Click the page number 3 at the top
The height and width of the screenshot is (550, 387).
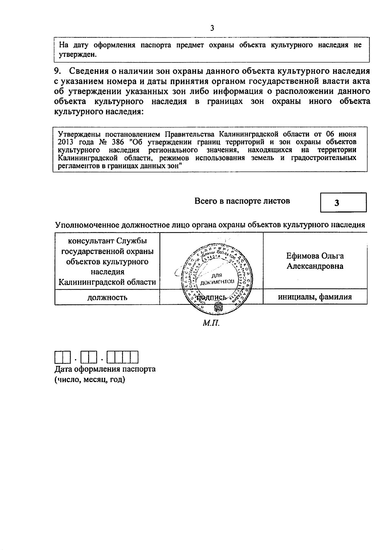[212, 28]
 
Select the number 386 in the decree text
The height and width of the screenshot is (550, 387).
[117, 142]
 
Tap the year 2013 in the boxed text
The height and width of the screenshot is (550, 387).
[65, 142]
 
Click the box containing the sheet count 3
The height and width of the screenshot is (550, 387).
[343, 202]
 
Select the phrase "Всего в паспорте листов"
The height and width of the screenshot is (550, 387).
[242, 201]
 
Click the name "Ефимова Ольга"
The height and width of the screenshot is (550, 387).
[315, 256]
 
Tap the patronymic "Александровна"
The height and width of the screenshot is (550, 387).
[315, 266]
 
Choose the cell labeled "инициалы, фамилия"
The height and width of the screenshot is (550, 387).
[315, 297]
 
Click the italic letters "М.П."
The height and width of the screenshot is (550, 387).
[211, 323]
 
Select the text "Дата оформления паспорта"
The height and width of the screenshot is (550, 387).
[105, 369]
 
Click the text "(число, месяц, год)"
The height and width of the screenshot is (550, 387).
[90, 379]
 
